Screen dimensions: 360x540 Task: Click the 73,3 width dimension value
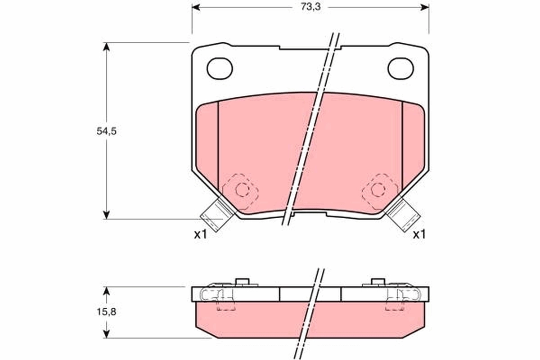tap(309, 7)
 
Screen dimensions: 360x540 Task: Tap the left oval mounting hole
tap(220, 68)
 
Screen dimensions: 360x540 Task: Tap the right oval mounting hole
tap(400, 68)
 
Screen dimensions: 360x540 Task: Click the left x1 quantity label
tap(200, 234)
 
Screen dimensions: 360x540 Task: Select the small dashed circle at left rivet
tap(242, 190)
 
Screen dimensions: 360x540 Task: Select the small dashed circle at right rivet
tap(378, 190)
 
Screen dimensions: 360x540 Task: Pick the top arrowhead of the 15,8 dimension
tap(106, 291)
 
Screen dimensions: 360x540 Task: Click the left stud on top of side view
tap(243, 282)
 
